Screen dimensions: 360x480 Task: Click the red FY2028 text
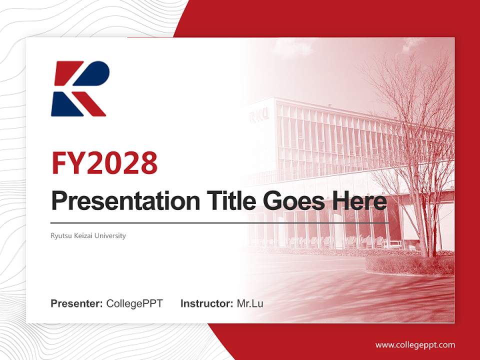104,163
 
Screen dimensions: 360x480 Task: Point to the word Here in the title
359,201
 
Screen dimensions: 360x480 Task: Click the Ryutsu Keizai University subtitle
88,235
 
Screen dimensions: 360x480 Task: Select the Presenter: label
77,303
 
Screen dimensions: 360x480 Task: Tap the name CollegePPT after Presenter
134,303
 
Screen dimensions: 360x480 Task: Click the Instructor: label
206,303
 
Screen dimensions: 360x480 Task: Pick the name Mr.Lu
250,303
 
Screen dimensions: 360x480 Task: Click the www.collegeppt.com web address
415,345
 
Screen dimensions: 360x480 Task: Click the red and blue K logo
80,88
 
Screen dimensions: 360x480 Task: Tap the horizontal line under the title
220,222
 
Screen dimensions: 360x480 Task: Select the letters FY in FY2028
68,163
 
